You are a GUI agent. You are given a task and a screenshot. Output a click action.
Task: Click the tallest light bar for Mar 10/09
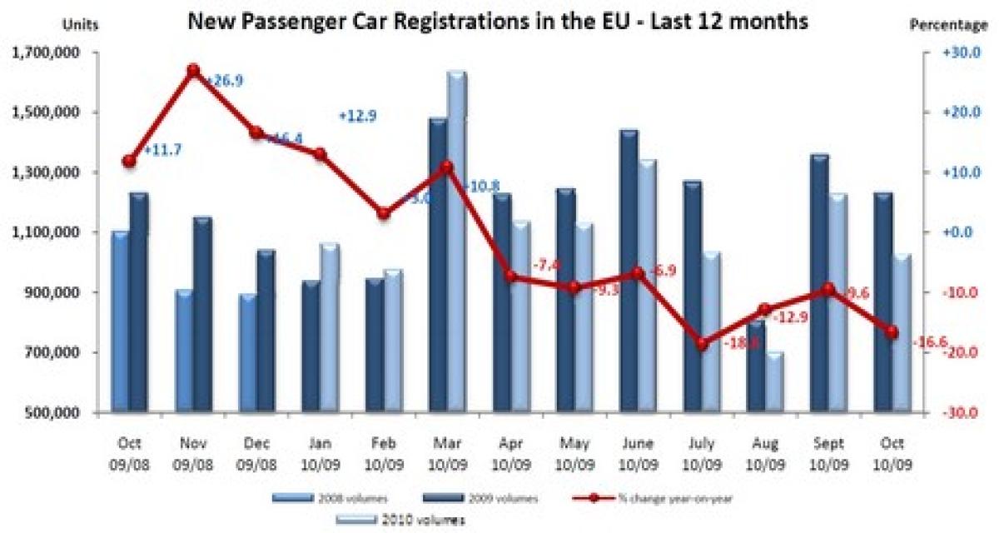click(456, 242)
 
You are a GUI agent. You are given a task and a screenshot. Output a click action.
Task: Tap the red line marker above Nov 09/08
click(193, 71)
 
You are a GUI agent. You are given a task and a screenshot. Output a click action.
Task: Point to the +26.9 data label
click(224, 81)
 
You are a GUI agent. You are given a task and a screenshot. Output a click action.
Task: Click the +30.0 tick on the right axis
click(957, 53)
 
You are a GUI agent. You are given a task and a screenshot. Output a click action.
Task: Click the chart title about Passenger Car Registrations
click(498, 22)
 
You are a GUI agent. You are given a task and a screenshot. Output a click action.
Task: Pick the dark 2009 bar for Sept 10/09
click(818, 283)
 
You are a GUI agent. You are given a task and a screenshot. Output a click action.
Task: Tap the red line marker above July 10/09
click(703, 343)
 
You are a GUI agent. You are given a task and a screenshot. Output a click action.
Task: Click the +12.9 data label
click(358, 117)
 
